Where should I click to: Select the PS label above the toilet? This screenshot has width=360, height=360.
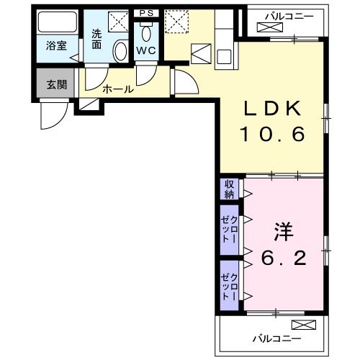click(146, 13)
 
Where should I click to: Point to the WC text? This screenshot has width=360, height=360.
click(147, 50)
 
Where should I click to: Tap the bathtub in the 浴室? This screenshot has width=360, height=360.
click(57, 24)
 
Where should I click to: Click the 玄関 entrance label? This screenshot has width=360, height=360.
click(56, 84)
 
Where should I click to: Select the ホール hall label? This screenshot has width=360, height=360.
click(117, 89)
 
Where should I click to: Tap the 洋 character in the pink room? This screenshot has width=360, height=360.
click(283, 232)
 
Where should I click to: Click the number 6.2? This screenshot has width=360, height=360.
click(283, 257)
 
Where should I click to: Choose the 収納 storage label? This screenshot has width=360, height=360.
click(229, 189)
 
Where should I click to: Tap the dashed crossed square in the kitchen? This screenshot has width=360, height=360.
click(175, 21)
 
